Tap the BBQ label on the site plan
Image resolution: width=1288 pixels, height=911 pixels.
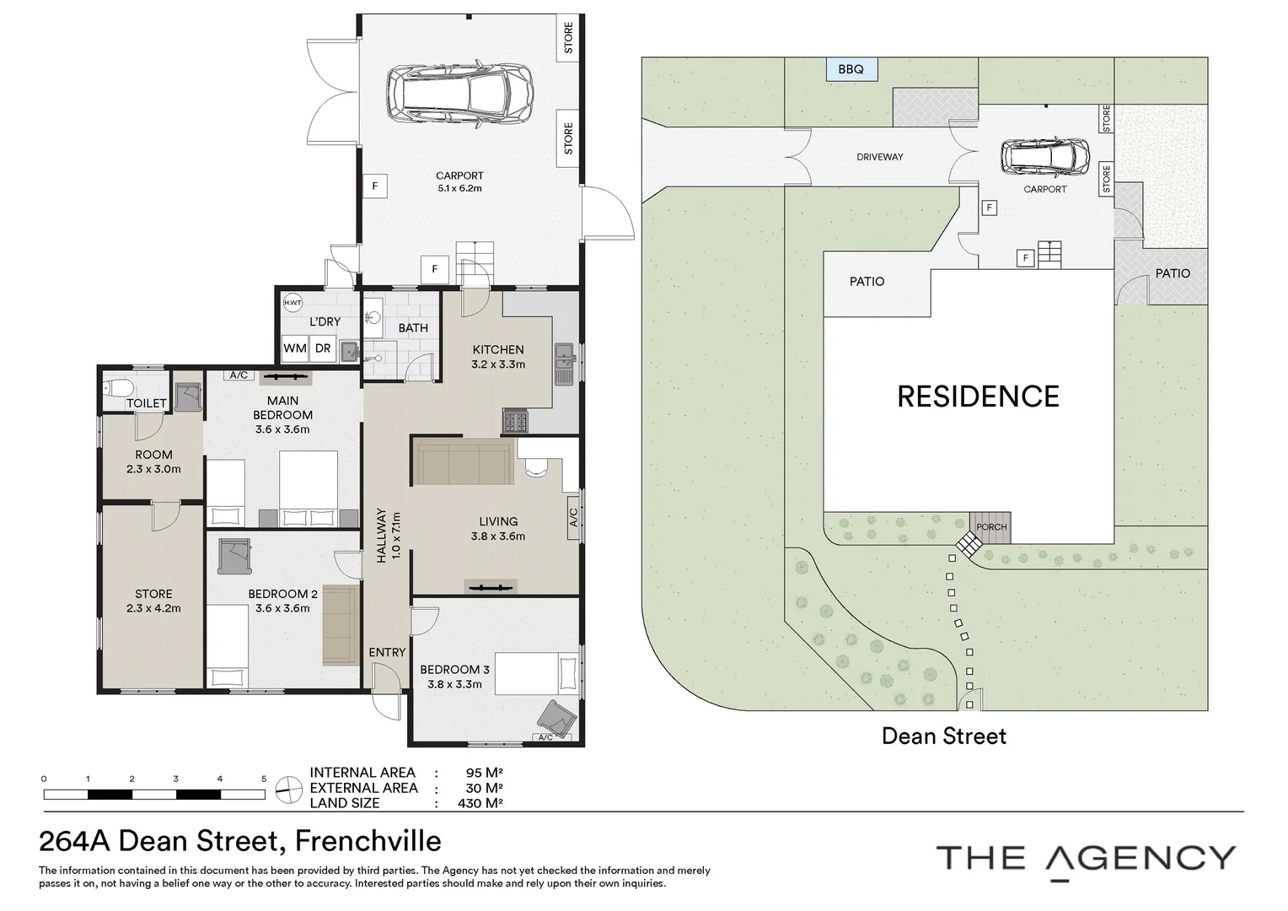click(x=851, y=69)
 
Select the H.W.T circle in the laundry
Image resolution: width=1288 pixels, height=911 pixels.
click(x=292, y=303)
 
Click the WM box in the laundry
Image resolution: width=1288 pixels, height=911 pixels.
click(x=295, y=348)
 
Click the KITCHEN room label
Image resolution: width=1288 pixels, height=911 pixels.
click(x=497, y=349)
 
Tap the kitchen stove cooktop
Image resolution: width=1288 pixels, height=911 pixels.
click(x=515, y=421)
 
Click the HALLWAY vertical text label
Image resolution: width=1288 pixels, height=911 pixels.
click(x=381, y=535)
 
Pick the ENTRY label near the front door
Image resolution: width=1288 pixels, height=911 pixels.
click(x=387, y=652)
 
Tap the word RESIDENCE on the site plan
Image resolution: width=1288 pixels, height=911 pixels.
click(x=978, y=396)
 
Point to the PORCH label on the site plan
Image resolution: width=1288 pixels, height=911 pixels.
click(x=991, y=527)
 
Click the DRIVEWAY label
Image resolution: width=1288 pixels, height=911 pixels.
click(x=879, y=157)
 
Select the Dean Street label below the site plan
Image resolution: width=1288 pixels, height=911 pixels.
click(x=943, y=736)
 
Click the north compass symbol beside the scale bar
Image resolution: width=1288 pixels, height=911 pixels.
click(x=288, y=789)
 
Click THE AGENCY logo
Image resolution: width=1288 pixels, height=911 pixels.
click(x=1086, y=859)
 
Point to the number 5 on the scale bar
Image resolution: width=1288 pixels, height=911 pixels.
click(x=264, y=779)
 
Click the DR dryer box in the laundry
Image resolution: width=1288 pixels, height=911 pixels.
click(x=323, y=348)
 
